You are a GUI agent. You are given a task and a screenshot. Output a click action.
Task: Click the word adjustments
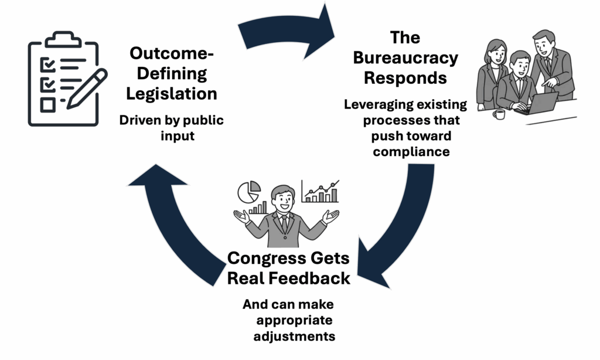[294, 337]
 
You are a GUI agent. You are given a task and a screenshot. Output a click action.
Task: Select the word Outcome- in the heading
[172, 53]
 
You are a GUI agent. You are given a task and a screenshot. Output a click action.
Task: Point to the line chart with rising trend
[320, 191]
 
